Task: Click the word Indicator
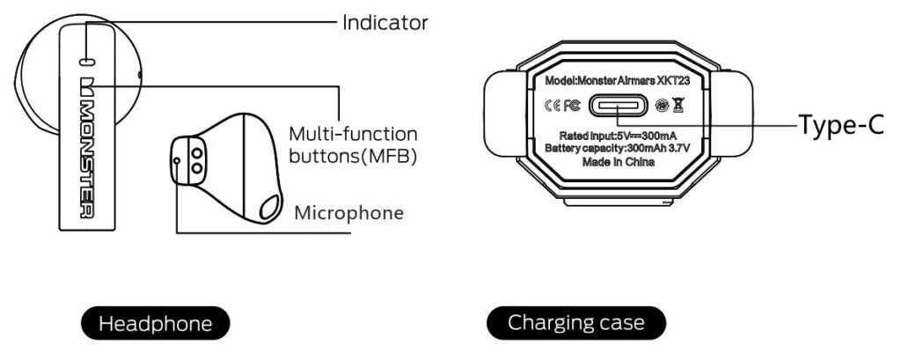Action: click(x=385, y=22)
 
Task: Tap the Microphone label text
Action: click(x=349, y=212)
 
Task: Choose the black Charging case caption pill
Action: click(x=575, y=323)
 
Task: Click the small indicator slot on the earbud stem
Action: click(x=86, y=61)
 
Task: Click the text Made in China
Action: click(x=617, y=160)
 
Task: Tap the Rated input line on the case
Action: click(x=617, y=136)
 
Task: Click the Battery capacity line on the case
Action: click(x=617, y=148)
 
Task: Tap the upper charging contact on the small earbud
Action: click(x=195, y=151)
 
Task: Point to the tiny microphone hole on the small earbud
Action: click(x=178, y=160)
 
